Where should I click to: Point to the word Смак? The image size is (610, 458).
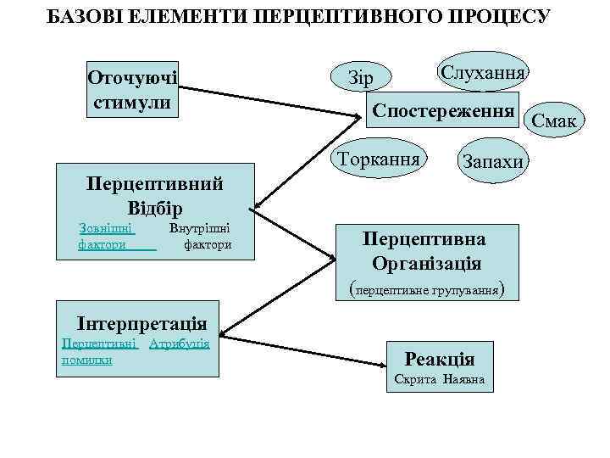pyautogui.click(x=554, y=122)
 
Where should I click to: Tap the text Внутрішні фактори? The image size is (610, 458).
pyautogui.click(x=200, y=237)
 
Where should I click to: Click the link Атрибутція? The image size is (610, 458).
pyautogui.click(x=179, y=344)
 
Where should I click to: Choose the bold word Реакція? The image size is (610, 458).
pyautogui.click(x=440, y=358)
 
